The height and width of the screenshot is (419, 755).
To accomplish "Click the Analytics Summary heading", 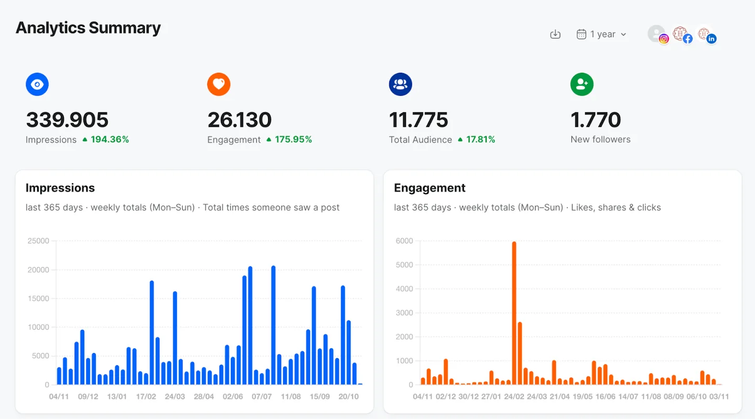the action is click(88, 28).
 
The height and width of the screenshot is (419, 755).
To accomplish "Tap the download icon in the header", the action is click(555, 35).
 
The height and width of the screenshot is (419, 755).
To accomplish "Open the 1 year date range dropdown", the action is click(601, 35).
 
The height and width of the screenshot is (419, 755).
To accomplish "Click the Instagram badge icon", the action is click(664, 39).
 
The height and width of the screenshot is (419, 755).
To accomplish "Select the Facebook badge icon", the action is click(687, 39).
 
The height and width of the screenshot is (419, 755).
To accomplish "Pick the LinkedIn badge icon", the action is click(711, 39).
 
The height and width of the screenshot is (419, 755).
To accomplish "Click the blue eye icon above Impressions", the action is click(37, 84).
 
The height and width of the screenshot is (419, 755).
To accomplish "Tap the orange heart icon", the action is click(219, 84).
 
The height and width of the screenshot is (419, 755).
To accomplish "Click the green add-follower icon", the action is click(582, 84).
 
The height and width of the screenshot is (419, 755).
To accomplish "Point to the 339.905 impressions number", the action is click(67, 120).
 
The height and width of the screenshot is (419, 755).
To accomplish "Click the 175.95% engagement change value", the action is click(293, 139).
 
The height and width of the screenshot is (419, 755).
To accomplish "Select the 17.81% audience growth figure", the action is click(480, 139).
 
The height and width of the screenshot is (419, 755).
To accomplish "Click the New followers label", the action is click(600, 139).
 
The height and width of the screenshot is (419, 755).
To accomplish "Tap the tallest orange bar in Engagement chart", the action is click(514, 313).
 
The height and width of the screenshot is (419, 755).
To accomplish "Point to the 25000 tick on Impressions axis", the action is click(38, 241).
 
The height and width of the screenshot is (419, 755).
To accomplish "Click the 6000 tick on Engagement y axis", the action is click(404, 241).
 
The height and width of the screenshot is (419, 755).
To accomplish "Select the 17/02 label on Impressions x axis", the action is click(146, 396).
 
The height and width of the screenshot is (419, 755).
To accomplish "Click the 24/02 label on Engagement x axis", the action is click(514, 396).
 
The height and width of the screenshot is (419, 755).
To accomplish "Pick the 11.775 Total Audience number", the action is click(418, 120).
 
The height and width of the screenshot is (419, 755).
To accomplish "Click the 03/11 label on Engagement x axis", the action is click(719, 396).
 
